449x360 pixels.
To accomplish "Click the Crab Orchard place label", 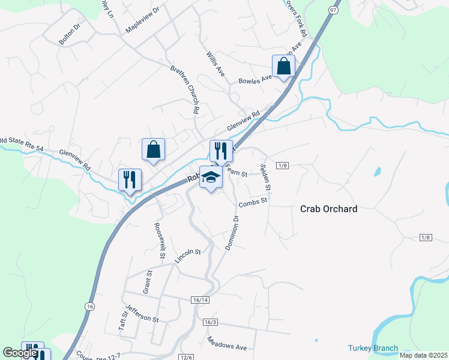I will coord(328,209).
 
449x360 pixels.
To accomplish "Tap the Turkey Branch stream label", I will coord(373,349).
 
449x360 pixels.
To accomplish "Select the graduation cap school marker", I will coord(211,178).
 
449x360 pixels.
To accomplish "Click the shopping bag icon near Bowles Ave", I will coord(283,67).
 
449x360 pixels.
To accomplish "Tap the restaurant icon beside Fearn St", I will coord(221,151).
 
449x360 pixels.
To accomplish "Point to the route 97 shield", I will coord(333,11).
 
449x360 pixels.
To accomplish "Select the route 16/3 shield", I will coord(209,323).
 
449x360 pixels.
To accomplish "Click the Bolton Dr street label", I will coord(70,34).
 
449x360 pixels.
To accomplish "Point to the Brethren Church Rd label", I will coord(185,89).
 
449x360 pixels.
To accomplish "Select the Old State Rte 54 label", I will coord(22,143).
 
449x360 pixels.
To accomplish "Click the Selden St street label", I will coord(265,177).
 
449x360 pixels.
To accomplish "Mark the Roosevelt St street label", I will coord(160,241).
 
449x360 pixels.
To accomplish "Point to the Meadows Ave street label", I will coord(227,344).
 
